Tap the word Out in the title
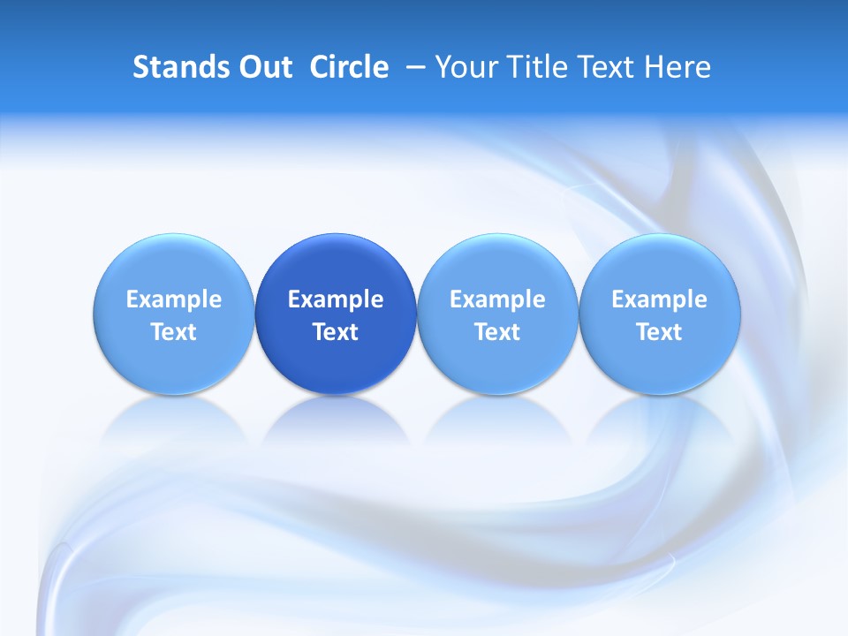point(263,67)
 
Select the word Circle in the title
point(349,67)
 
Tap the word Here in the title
point(677,67)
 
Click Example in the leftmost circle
point(174,299)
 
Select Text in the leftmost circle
point(174,332)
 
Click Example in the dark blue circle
point(336,299)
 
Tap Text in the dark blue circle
point(336,332)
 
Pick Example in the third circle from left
point(497,299)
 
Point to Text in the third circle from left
point(497,332)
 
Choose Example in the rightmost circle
point(660,299)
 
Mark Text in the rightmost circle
point(660,332)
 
